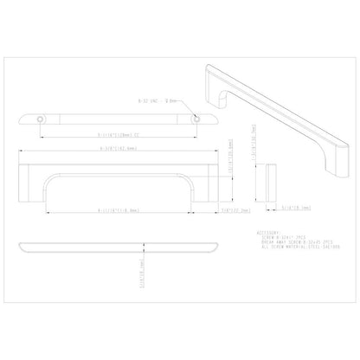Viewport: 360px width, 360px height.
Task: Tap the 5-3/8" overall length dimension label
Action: tap(119, 148)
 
